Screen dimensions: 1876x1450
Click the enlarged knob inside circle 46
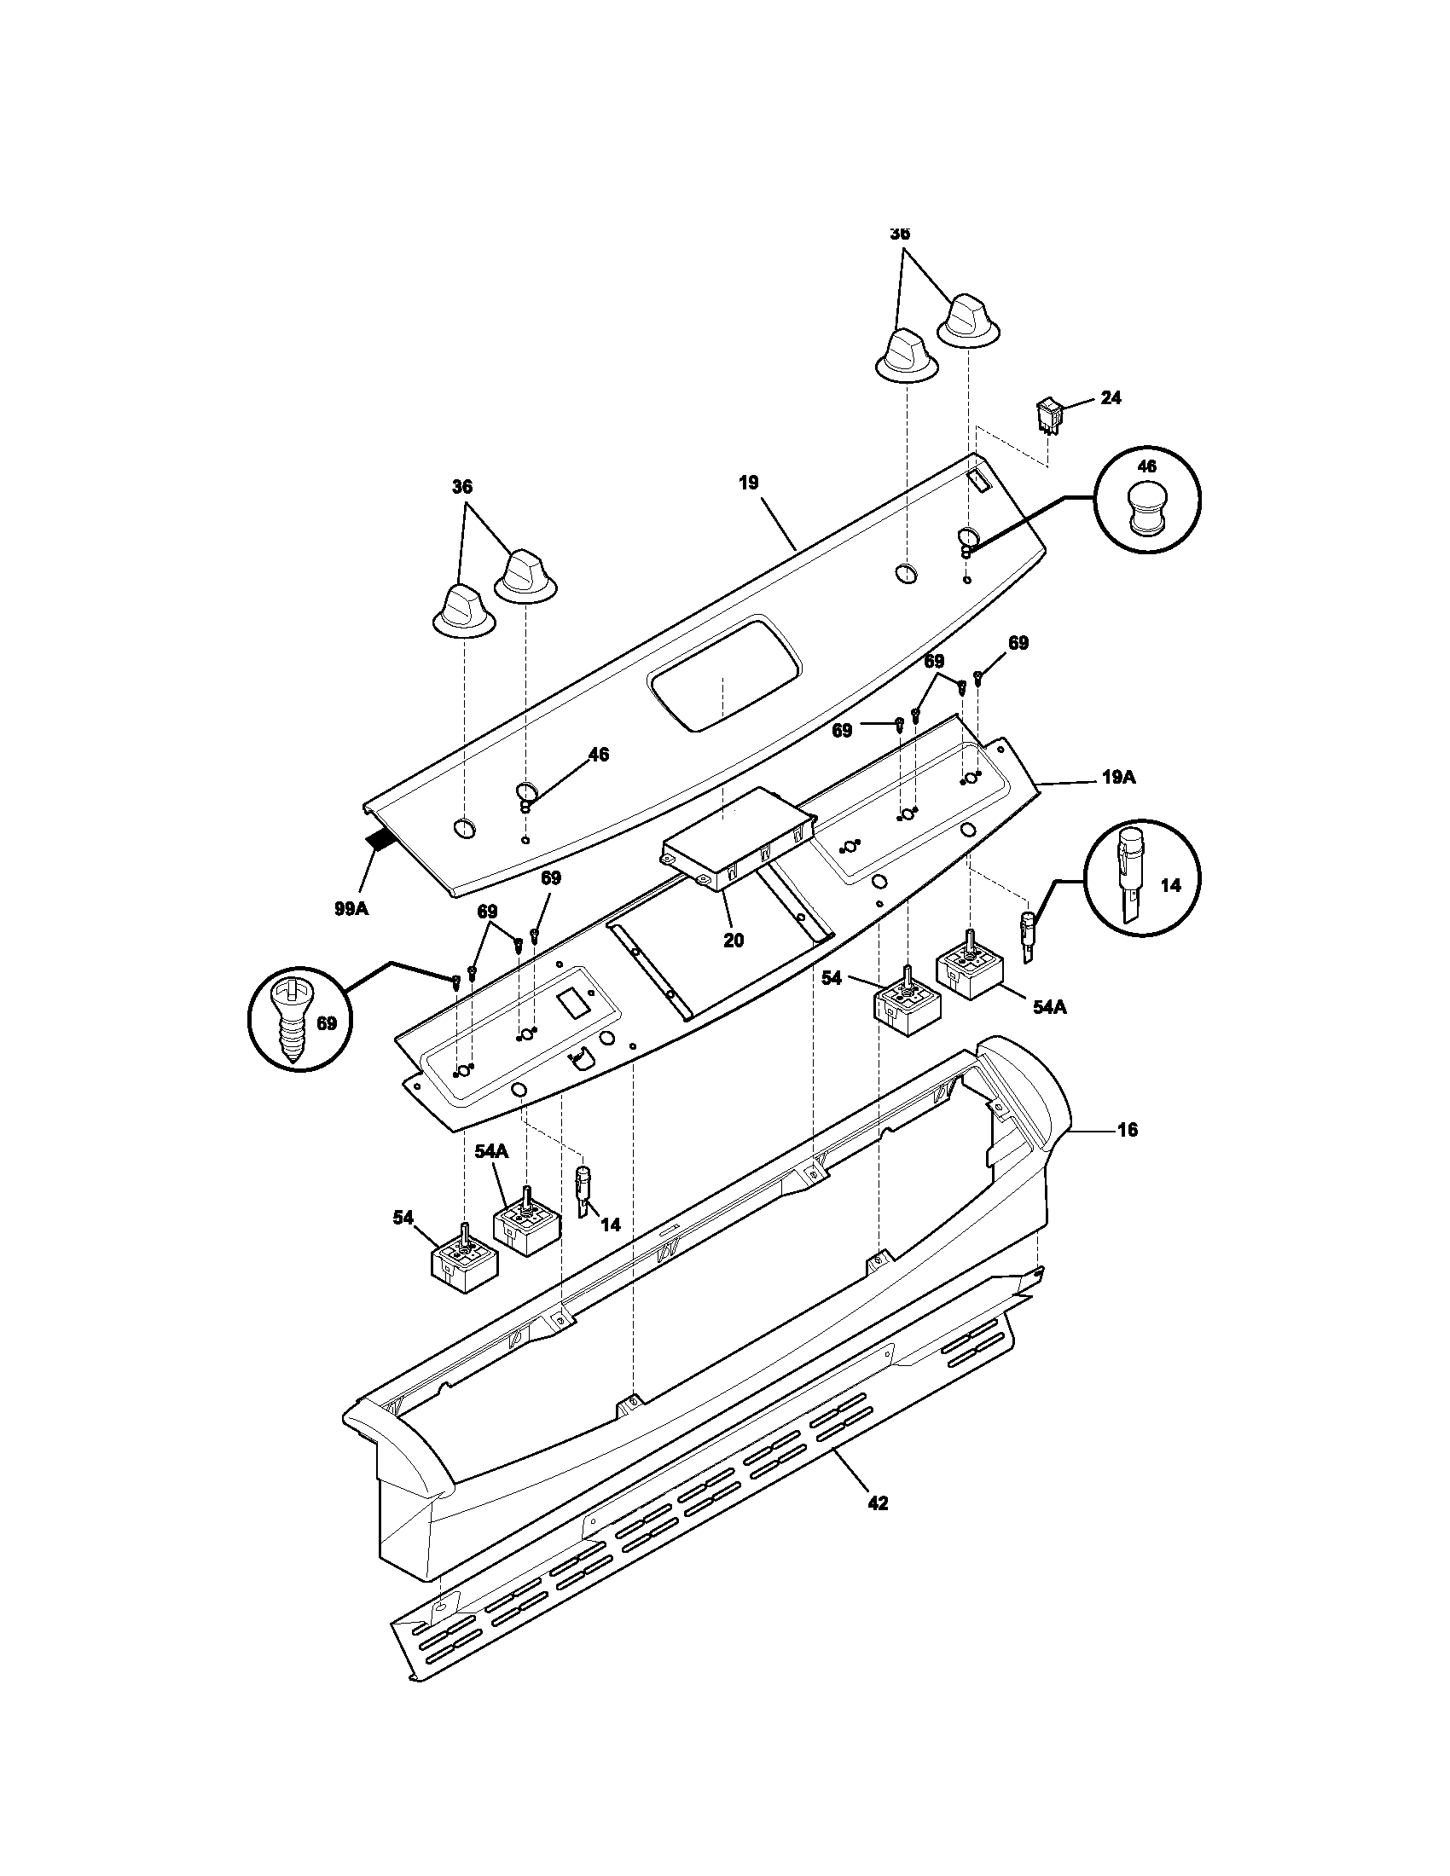coord(1146,507)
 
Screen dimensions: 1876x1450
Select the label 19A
coord(1118,778)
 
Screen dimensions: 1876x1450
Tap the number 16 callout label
coord(1127,1130)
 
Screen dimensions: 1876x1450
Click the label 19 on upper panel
coord(748,482)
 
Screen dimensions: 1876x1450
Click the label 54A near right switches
coord(1049,1007)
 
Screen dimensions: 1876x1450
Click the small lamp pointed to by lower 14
coord(583,1190)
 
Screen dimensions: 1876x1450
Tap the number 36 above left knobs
coord(462,486)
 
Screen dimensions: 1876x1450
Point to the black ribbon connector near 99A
coord(379,842)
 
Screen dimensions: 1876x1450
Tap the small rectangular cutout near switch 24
coord(980,478)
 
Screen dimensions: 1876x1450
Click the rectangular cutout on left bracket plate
coord(571,1001)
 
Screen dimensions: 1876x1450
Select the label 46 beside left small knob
coord(598,754)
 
